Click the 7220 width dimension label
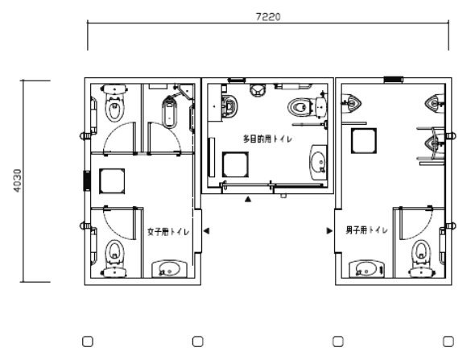click(268, 17)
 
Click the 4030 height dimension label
click(18, 180)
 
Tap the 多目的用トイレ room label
click(267, 139)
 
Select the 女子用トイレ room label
click(168, 232)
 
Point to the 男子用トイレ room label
click(366, 230)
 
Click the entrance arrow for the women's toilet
click(206, 231)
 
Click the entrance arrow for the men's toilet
click(329, 231)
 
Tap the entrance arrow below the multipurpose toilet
click(248, 199)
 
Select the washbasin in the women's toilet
click(169, 269)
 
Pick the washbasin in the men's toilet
click(367, 269)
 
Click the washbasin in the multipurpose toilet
click(318, 162)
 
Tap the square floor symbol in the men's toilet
click(364, 141)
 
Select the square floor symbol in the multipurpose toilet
click(235, 164)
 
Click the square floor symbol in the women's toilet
click(112, 181)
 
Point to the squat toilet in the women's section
click(169, 111)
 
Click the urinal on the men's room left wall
click(352, 104)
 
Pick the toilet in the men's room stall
click(421, 259)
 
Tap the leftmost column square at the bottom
click(88, 341)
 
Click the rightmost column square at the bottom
click(448, 341)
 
